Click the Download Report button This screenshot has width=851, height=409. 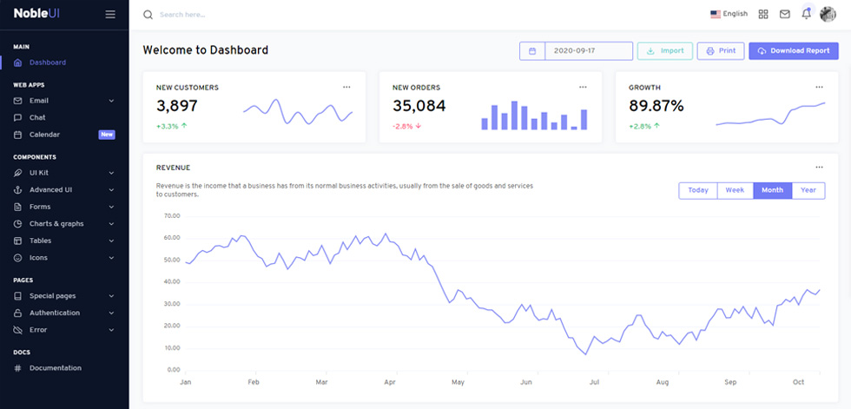(794, 51)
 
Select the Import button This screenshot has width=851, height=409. (665, 51)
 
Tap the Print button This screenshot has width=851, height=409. (721, 51)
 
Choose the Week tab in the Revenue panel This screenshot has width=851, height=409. (735, 190)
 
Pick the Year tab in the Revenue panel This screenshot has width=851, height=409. (808, 190)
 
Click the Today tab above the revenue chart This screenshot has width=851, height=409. (698, 190)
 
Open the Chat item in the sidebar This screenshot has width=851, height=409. (37, 118)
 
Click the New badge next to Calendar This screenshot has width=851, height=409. (106, 135)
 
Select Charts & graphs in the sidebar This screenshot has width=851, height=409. (56, 223)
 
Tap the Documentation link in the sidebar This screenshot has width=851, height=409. (56, 368)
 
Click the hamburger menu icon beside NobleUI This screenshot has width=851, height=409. (110, 14)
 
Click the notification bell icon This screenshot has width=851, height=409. (807, 14)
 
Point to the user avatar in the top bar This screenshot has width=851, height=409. (828, 14)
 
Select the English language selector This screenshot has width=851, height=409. (729, 14)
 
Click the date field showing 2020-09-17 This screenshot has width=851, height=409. (589, 51)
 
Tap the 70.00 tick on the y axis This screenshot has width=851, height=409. (172, 216)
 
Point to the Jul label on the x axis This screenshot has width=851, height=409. (594, 382)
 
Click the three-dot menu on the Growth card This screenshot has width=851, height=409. (819, 87)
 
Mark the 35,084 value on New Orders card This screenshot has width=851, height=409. (419, 106)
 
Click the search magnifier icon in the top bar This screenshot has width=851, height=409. (148, 15)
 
